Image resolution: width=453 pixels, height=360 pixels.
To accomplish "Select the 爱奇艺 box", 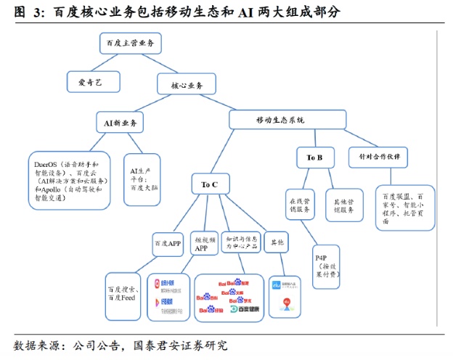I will pos(94,82).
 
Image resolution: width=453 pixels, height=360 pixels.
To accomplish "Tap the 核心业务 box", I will pos(187,84).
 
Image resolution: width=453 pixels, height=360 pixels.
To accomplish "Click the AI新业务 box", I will pos(120,122).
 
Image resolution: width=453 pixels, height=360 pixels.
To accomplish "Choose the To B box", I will pos(314,157).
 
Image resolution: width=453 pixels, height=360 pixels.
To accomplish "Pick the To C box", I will pos(210,184).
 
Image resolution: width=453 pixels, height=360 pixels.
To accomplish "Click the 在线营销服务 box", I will pos(298,205).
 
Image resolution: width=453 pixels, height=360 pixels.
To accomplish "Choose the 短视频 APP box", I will pos(201,242).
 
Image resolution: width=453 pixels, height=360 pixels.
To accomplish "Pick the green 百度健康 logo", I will pos(244,309).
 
